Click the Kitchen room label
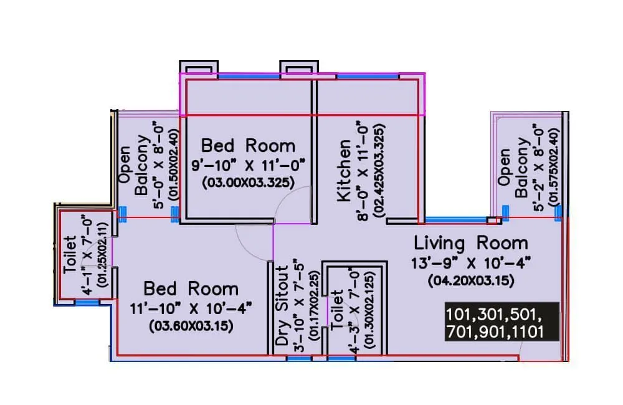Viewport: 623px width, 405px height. (344, 171)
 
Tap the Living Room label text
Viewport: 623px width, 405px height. (471, 243)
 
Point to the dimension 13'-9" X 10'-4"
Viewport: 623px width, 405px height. (471, 263)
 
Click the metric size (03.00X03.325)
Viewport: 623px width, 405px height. (249, 183)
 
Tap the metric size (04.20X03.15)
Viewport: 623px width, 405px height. (471, 281)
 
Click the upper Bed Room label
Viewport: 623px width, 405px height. (249, 146)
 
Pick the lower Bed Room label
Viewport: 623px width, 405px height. (191, 289)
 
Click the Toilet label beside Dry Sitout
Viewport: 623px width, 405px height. (336, 310)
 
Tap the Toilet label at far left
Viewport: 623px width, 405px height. (70, 254)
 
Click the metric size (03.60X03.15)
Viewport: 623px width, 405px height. (191, 326)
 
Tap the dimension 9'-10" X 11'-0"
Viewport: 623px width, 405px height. (249, 164)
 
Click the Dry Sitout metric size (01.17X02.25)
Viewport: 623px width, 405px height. (314, 306)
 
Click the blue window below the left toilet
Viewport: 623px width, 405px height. (87, 303)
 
